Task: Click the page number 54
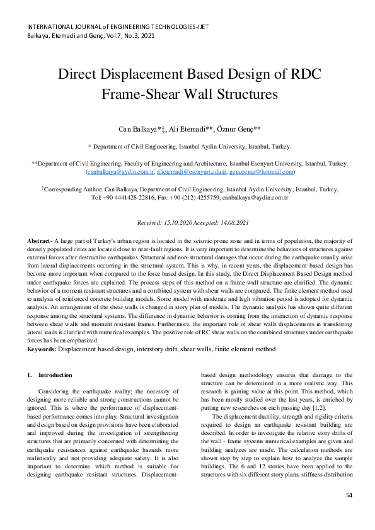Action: pyautogui.click(x=349, y=496)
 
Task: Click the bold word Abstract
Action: pyautogui.click(x=40, y=242)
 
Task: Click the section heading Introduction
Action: pyautogui.click(x=55, y=375)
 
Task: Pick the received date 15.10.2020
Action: pyautogui.click(x=178, y=223)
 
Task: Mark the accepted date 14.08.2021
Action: pyautogui.click(x=234, y=223)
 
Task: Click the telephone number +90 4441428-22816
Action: pyautogui.click(x=133, y=197)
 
